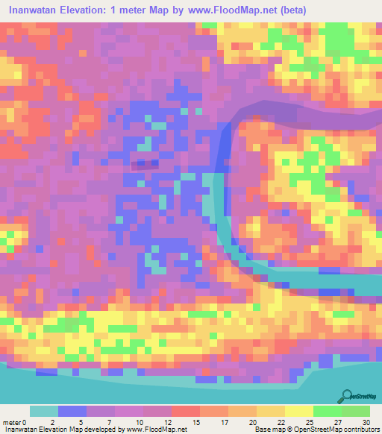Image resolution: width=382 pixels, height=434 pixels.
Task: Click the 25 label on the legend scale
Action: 314,421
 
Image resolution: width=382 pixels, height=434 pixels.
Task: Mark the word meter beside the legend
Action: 11,421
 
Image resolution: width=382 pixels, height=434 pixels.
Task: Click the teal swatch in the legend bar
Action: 44,411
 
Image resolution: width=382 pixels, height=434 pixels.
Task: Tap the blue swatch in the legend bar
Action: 72,411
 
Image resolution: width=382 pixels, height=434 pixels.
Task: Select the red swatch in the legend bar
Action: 186,411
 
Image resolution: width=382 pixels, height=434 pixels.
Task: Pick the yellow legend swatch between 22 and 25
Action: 299,411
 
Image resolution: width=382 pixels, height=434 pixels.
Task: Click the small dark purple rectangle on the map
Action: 145,163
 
